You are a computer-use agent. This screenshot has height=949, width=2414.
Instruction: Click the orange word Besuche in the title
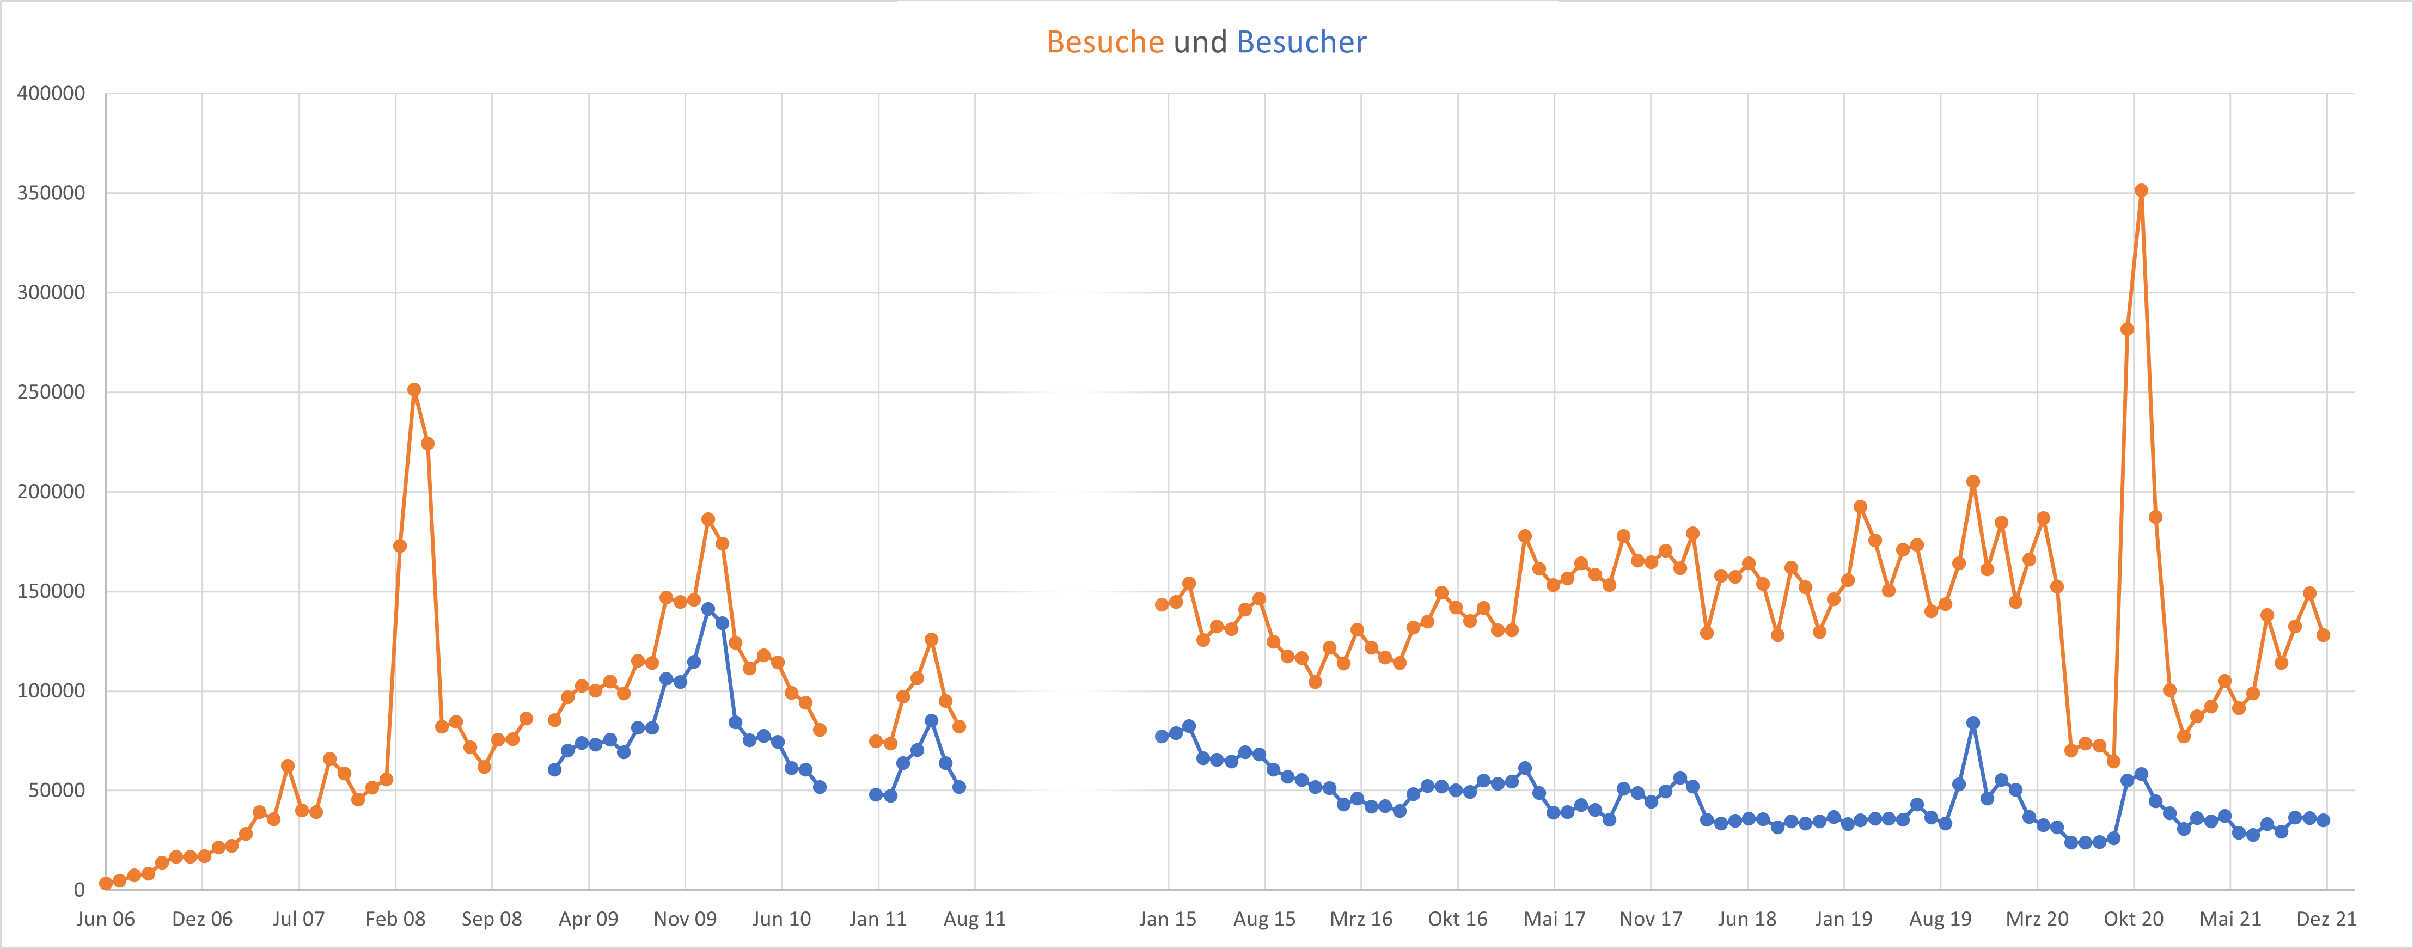(1105, 42)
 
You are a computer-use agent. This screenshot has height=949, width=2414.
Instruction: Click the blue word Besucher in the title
(1301, 42)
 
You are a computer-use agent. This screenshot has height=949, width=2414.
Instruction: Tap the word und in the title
(1200, 42)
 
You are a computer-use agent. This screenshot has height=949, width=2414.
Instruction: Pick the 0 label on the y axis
(79, 890)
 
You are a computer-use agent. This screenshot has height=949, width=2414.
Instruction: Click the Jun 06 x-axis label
(105, 919)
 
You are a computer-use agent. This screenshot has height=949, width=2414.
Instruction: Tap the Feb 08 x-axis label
(394, 919)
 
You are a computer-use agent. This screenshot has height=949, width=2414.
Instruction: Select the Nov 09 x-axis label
(684, 919)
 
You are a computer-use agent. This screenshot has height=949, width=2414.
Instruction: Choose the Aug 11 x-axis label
(974, 919)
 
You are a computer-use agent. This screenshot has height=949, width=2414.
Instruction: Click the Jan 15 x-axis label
(1167, 919)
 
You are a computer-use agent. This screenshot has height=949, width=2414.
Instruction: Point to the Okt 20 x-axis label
(2133, 919)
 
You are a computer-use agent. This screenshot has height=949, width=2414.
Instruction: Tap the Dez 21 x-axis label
(2326, 919)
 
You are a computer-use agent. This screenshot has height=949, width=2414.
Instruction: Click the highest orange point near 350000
(2141, 190)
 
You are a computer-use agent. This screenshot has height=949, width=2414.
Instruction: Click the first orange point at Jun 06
(106, 883)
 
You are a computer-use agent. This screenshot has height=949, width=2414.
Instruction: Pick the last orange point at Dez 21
(2323, 635)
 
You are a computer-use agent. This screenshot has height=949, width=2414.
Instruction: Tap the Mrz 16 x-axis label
(1361, 919)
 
